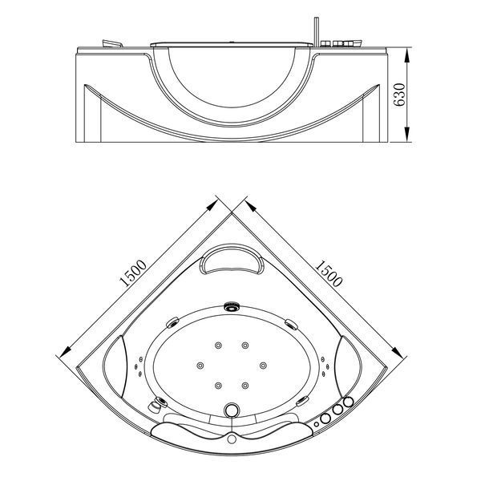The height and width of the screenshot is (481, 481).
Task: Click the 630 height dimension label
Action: [x=400, y=95]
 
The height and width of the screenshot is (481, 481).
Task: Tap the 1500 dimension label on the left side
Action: [x=134, y=273]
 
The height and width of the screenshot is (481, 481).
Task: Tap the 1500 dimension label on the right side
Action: [x=328, y=273]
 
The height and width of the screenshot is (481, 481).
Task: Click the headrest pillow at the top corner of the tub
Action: [x=232, y=259]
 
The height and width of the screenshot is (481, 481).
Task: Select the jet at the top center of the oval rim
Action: [x=232, y=306]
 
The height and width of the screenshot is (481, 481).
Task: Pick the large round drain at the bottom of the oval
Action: [x=232, y=410]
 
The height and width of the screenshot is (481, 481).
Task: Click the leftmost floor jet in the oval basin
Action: [x=200, y=366]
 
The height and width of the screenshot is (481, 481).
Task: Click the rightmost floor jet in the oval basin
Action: [x=263, y=366]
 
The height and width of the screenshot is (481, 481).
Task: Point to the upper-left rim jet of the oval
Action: [x=172, y=323]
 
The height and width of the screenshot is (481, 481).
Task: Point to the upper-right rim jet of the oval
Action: [x=291, y=324]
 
